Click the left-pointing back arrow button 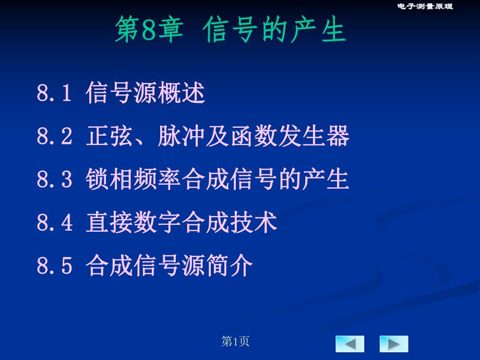point(350,344)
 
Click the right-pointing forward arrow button point(394,344)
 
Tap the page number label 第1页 point(235,342)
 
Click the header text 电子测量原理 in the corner point(425,6)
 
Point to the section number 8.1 point(54,94)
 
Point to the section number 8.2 point(54,137)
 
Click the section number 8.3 point(54,180)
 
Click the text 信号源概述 point(146,94)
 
